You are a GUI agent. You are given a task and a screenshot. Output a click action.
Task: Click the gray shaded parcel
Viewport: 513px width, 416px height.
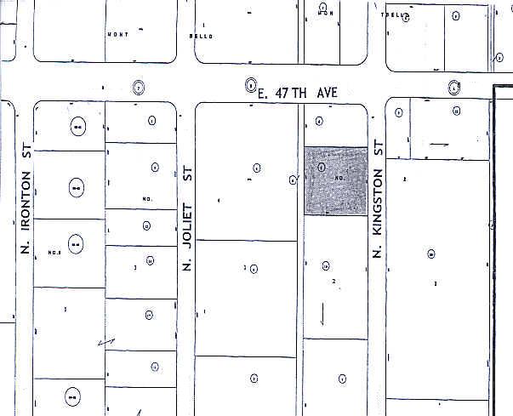(x=336, y=181)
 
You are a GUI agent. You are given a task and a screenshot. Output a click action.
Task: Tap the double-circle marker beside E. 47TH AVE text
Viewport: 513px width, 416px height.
(x=250, y=84)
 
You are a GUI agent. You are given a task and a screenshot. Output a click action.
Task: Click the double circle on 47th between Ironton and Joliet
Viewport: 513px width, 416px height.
(x=140, y=86)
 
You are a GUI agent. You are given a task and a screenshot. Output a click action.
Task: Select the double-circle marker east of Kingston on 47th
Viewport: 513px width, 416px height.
(x=454, y=87)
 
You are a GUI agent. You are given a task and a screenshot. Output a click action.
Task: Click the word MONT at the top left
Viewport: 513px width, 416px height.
(x=117, y=35)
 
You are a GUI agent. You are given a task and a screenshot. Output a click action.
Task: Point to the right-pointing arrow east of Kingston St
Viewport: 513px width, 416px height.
(x=439, y=145)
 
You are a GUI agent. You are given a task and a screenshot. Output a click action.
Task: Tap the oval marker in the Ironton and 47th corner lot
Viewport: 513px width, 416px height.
(x=77, y=127)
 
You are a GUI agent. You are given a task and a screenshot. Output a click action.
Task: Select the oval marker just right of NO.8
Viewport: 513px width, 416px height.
(x=75, y=245)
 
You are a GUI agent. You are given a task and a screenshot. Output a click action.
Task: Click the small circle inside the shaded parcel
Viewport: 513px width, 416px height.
(x=320, y=168)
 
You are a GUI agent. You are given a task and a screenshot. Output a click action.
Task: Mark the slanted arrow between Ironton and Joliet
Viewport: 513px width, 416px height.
(x=107, y=341)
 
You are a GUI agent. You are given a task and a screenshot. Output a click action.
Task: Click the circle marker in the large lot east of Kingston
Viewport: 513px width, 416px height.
(x=431, y=254)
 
